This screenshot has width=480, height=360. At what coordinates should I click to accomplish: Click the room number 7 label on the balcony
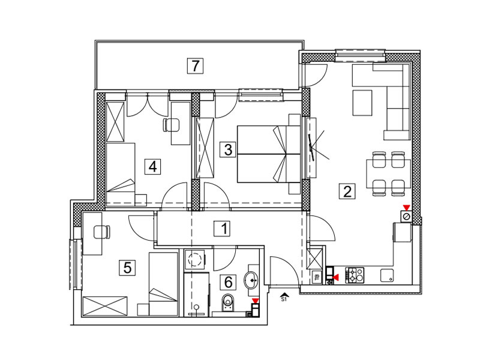click(x=196, y=66)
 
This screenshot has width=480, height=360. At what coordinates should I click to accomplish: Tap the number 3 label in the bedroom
click(x=228, y=150)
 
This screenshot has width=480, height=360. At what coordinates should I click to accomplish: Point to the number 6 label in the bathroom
click(x=229, y=282)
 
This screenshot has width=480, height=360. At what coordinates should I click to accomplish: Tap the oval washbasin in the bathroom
click(x=251, y=280)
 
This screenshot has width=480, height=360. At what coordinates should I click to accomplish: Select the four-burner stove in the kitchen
click(x=355, y=275)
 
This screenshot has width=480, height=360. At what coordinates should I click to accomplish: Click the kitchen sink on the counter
click(x=387, y=275)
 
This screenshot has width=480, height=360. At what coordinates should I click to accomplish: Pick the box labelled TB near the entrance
click(x=317, y=278)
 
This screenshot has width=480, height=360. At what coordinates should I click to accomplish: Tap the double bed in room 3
click(x=268, y=154)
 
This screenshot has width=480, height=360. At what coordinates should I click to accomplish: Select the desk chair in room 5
click(x=101, y=232)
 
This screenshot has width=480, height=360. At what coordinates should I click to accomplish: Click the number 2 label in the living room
click(x=347, y=191)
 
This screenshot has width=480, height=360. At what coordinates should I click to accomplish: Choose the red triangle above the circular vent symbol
click(x=407, y=208)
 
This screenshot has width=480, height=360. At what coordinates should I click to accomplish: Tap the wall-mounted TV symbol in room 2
click(x=311, y=148)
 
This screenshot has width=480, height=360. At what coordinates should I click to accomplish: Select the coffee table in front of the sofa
click(x=362, y=103)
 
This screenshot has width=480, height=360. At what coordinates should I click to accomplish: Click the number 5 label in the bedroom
click(x=127, y=268)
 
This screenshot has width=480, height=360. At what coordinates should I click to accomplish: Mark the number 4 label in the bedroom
click(x=152, y=167)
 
